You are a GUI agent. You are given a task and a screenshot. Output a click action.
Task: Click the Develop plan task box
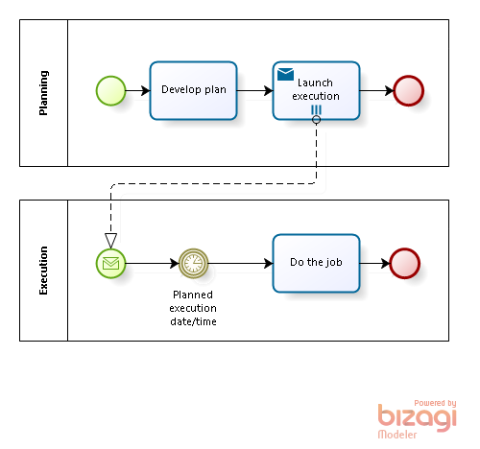[x=193, y=90]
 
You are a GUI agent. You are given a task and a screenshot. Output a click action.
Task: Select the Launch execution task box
[x=316, y=90]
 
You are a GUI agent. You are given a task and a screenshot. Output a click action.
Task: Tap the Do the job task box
[x=316, y=263]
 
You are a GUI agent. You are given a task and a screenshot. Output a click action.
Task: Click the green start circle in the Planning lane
[x=110, y=90]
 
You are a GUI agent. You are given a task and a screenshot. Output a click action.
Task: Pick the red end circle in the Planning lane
[x=408, y=90]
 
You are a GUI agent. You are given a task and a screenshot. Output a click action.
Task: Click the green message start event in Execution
[x=110, y=263]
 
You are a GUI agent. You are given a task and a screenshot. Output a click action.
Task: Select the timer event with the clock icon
[x=193, y=263]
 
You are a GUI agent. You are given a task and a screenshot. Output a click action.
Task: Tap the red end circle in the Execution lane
[x=404, y=263]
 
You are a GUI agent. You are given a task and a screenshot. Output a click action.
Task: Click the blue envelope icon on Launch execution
[x=285, y=74]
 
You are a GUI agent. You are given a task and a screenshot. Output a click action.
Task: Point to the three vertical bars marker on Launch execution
[x=316, y=110]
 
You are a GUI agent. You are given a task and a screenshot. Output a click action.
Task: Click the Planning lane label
[x=43, y=93]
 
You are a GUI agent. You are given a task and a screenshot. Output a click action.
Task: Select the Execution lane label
[x=43, y=271]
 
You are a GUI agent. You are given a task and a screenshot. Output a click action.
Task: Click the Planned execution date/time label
[x=193, y=308]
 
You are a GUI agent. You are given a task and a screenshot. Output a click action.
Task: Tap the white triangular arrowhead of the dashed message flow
[x=110, y=241]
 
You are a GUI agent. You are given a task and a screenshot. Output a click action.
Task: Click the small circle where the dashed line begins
[x=316, y=120]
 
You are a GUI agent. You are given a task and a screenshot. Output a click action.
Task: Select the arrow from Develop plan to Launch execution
[x=254, y=90]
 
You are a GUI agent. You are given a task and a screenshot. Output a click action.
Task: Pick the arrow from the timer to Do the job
[x=240, y=263]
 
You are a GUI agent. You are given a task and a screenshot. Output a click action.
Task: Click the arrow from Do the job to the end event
[x=374, y=263]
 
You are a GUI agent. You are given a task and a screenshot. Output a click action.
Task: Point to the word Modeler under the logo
[x=397, y=435]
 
